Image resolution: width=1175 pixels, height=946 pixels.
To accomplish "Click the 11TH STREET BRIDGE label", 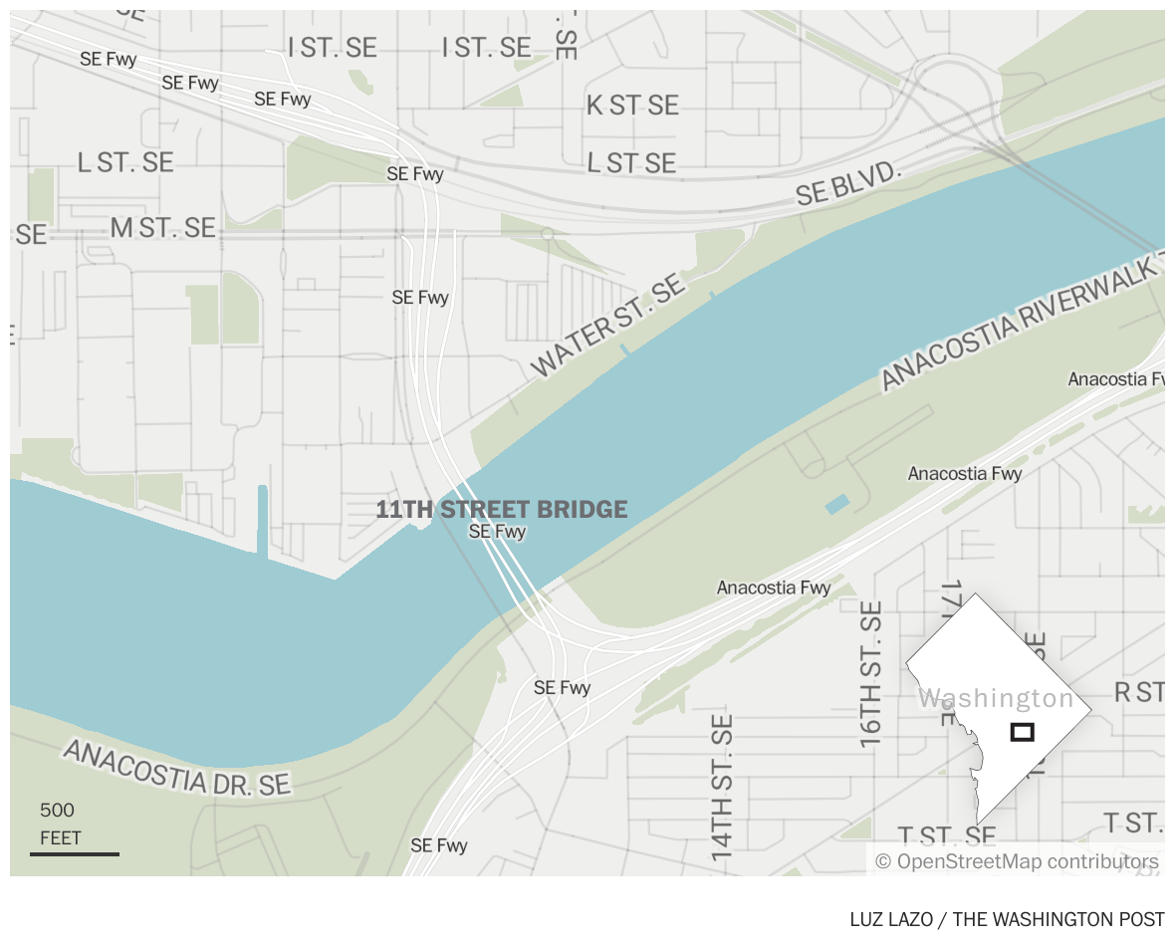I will coord(502,510).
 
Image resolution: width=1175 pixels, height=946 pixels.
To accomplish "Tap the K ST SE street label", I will coord(632,106).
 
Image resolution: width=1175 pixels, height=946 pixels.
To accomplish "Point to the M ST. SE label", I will coord(162,228).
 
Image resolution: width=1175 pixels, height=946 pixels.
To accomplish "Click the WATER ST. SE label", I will coord(609,327).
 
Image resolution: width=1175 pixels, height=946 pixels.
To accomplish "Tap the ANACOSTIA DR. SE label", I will coord(177,767).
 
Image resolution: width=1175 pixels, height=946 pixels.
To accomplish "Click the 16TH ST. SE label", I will coord(871,674).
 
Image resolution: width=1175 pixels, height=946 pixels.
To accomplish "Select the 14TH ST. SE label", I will coord(722,787).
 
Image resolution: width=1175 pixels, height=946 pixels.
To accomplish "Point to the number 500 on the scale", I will coord(57,811).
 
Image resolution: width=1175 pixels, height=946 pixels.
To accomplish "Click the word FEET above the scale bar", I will coord(61,838).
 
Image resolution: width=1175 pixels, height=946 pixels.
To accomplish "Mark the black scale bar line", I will coord(75,853).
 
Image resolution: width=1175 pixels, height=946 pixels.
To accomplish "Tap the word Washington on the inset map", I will coord(996,698).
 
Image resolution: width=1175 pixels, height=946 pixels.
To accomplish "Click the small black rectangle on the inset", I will coord(1022,732).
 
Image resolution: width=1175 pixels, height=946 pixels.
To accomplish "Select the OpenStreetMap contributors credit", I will coord(1017,861).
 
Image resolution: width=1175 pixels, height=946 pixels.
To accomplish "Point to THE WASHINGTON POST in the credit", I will coord(1058,919).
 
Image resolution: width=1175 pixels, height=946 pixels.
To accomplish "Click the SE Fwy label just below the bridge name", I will coord(497,532).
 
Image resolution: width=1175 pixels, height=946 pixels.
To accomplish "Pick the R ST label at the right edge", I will coord(1139,692).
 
